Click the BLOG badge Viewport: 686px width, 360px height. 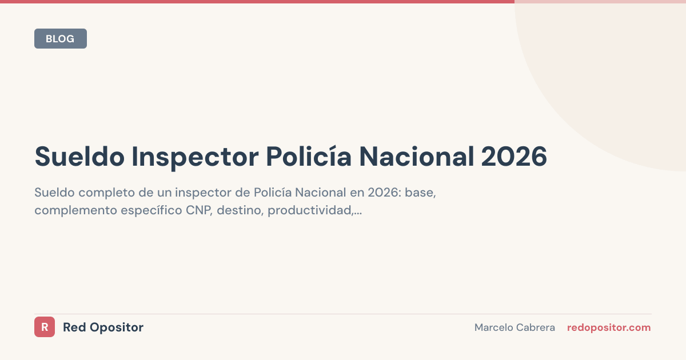[x=60, y=39]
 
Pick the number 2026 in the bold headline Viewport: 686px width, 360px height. [x=514, y=157]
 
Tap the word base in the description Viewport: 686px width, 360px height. [x=420, y=193]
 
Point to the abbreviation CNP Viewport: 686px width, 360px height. [x=199, y=211]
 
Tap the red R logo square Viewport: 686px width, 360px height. [x=45, y=327]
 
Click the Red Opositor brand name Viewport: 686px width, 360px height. [x=103, y=327]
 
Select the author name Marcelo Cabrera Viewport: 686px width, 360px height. [x=514, y=327]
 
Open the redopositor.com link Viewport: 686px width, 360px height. [x=609, y=327]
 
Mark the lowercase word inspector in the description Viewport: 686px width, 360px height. [x=202, y=193]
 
